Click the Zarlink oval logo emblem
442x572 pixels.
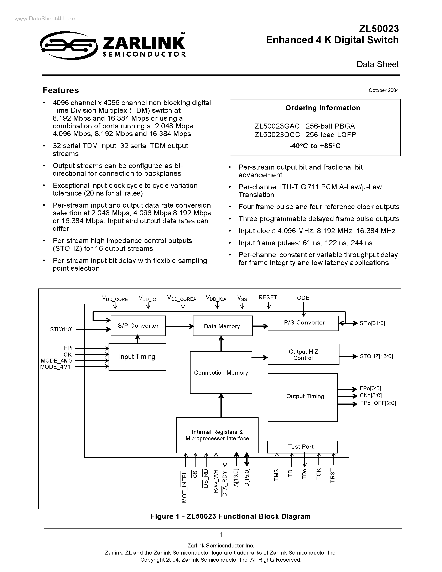click(x=69, y=46)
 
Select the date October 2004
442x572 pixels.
click(x=383, y=90)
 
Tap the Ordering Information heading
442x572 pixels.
click(x=323, y=108)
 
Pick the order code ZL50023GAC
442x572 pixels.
click(x=277, y=126)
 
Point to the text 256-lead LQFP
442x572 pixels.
click(x=331, y=135)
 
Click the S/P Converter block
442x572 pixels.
click(x=138, y=326)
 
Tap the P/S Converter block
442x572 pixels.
click(x=303, y=323)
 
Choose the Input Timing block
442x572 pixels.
click(x=137, y=357)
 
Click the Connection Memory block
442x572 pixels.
click(x=221, y=373)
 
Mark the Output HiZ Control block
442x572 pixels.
click(x=303, y=355)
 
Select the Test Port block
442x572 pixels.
click(x=302, y=447)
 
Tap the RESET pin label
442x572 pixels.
click(x=268, y=297)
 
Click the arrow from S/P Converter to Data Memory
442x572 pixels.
click(x=179, y=326)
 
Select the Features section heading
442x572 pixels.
click(x=61, y=90)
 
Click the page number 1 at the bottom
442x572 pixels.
click(x=221, y=535)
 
